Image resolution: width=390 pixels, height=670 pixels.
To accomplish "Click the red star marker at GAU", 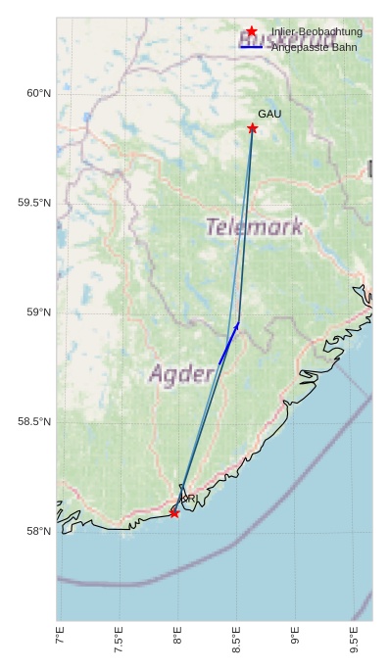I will (253, 128).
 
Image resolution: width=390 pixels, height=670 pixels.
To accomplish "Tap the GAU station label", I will (269, 115).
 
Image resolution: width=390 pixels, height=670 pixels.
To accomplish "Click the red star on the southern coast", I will (174, 513).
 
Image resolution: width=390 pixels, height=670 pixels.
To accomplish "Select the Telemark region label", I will (255, 227).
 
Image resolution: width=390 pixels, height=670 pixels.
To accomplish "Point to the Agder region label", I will (181, 374).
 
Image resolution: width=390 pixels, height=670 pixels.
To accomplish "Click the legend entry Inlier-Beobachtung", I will (317, 32).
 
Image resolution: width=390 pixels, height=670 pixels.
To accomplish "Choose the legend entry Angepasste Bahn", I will (314, 47).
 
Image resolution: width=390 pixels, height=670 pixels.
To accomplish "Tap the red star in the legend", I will (252, 32).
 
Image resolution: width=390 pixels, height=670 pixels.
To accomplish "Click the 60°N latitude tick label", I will (38, 94).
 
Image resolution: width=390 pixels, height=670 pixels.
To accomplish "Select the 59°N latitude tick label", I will (38, 312).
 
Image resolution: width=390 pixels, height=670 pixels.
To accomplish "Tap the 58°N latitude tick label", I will (38, 532).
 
